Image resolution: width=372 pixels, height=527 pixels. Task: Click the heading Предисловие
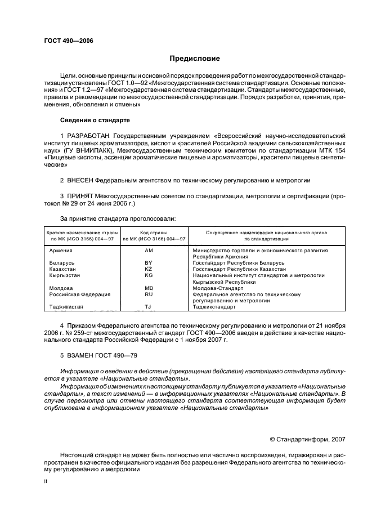click(x=195, y=59)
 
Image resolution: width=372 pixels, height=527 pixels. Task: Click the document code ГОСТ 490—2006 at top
click(x=68, y=41)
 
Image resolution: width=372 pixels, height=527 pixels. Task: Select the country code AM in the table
click(x=149, y=250)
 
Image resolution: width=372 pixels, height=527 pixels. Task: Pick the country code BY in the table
click(x=149, y=262)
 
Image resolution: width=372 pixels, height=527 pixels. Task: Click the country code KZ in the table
click(x=149, y=269)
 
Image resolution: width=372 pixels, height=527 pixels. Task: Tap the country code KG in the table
click(x=149, y=275)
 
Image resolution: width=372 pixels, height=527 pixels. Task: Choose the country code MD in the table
click(x=149, y=288)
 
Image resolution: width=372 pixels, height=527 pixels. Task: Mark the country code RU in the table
click(x=149, y=294)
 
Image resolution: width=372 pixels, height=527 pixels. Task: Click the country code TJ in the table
click(x=149, y=307)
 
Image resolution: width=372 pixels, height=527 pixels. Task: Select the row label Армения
click(x=61, y=250)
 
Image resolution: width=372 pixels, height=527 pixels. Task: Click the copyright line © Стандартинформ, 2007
click(x=307, y=439)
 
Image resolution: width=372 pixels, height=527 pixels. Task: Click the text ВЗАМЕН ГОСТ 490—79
click(x=98, y=355)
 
